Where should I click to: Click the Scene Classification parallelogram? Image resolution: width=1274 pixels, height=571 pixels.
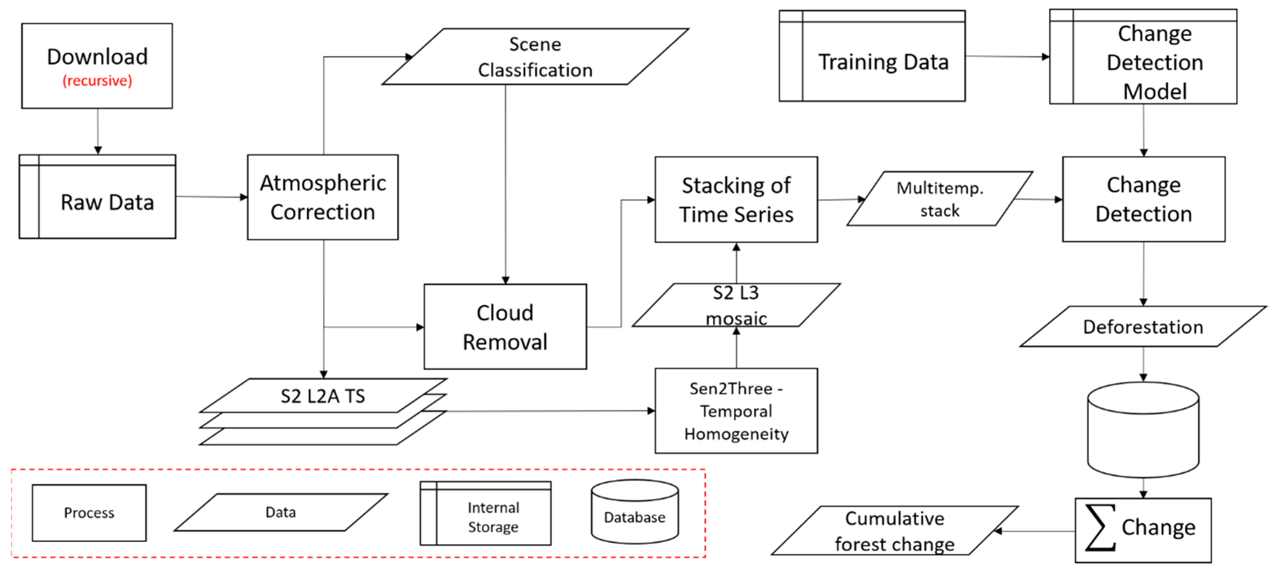click(x=535, y=57)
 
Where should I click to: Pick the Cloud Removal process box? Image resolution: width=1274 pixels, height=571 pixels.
click(x=505, y=327)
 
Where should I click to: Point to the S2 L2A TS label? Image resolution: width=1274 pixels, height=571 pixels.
click(x=323, y=396)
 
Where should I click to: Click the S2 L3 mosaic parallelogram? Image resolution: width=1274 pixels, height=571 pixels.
click(x=736, y=305)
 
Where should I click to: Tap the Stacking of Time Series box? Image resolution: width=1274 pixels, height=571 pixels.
click(x=736, y=199)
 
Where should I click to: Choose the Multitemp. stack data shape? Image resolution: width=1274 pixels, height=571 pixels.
click(x=940, y=199)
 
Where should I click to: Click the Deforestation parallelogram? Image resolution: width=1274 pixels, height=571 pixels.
click(x=1143, y=327)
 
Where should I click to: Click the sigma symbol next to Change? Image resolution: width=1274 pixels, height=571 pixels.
click(x=1101, y=527)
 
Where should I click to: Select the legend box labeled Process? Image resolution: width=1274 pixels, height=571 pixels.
click(x=89, y=513)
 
